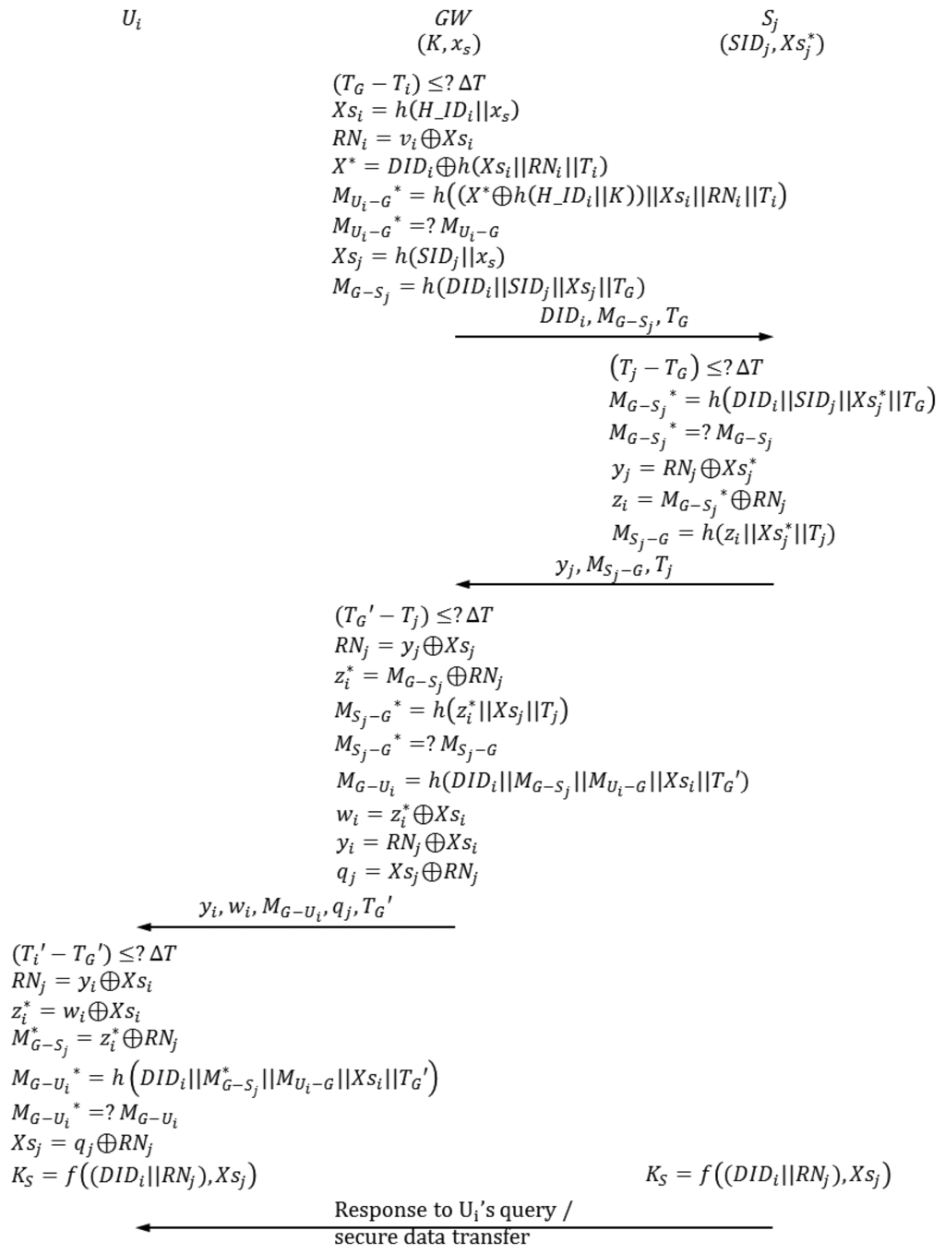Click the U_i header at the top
tap(132, 19)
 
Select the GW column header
tap(452, 18)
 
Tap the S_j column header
tap(771, 19)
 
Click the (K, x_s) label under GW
tap(449, 43)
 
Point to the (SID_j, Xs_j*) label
tap(772, 44)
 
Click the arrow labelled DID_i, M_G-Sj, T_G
tap(614, 337)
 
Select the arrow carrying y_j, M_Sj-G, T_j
tap(614, 584)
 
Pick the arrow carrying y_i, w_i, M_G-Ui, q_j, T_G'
tap(295, 926)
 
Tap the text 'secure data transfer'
tap(432, 1238)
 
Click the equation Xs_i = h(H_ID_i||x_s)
tap(425, 111)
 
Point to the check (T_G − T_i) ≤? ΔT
tap(409, 84)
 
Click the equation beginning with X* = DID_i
tap(470, 167)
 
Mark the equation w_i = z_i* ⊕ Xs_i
tap(401, 814)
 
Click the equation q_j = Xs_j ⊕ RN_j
tap(406, 872)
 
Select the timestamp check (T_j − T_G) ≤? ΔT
tap(687, 367)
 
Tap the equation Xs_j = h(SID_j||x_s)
tap(419, 257)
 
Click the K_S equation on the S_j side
tap(768, 1175)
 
